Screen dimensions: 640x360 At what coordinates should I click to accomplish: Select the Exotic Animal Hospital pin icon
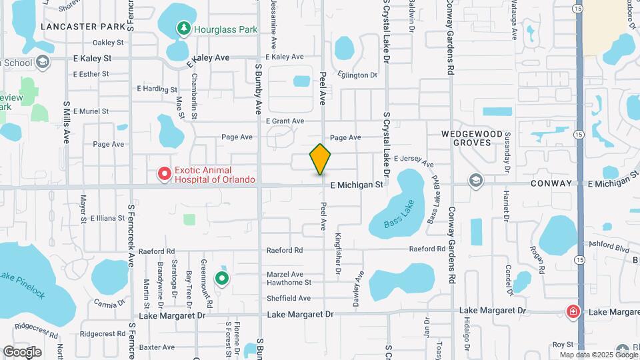[164, 175]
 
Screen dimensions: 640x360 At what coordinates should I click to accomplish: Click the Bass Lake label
[399, 214]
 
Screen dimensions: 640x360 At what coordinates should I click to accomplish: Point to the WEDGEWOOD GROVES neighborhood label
[471, 138]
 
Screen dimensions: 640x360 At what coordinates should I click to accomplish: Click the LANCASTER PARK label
[82, 27]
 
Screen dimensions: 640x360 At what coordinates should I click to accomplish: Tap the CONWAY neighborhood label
[552, 183]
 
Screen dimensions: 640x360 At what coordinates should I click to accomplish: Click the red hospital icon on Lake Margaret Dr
[573, 311]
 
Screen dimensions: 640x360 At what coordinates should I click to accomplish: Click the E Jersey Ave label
[413, 160]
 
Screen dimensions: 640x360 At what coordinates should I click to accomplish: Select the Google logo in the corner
[22, 351]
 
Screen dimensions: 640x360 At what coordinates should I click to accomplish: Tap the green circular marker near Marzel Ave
[221, 278]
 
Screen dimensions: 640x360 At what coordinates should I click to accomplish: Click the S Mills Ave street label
[67, 123]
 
